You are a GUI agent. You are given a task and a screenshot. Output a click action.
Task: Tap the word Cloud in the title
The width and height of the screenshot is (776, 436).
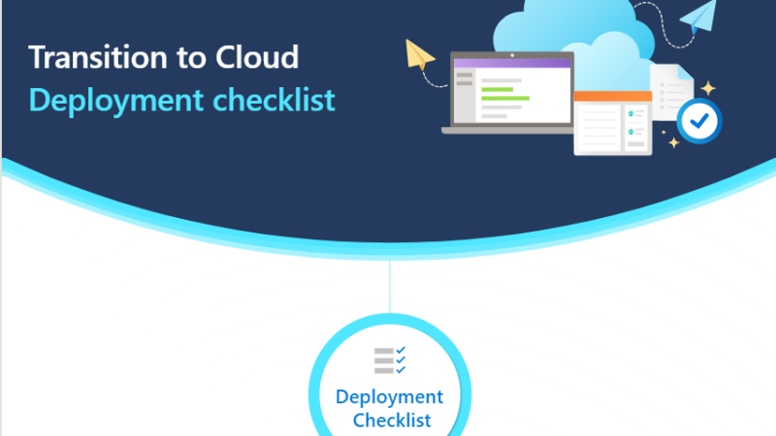pyautogui.click(x=257, y=57)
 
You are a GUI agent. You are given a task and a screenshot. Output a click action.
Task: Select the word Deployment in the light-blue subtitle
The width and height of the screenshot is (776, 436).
pyautogui.click(x=116, y=101)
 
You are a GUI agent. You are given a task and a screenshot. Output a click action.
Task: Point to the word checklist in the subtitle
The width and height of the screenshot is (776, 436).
pyautogui.click(x=274, y=100)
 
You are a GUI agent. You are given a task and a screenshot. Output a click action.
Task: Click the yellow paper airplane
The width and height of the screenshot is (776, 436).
pyautogui.click(x=419, y=54)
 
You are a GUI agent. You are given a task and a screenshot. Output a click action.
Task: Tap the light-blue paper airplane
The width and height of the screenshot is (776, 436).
pyautogui.click(x=698, y=16)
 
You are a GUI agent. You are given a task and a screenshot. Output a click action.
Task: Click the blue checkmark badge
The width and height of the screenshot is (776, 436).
pyautogui.click(x=699, y=121)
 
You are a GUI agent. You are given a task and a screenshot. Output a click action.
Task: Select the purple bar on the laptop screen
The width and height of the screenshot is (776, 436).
pyautogui.click(x=512, y=63)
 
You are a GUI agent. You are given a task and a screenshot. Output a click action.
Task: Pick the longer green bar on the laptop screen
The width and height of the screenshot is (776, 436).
pyautogui.click(x=505, y=99)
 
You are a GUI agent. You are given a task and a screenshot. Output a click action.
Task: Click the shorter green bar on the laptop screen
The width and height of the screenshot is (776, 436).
pyautogui.click(x=497, y=89)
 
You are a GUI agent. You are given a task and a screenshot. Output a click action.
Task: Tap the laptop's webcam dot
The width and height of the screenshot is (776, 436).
pyautogui.click(x=512, y=55)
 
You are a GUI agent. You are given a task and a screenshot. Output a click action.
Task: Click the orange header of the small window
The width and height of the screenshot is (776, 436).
pyautogui.click(x=613, y=96)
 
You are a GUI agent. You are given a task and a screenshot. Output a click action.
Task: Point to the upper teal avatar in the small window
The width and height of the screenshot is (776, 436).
pyautogui.click(x=631, y=113)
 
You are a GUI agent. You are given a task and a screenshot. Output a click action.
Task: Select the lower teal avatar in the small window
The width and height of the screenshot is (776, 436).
pyautogui.click(x=631, y=132)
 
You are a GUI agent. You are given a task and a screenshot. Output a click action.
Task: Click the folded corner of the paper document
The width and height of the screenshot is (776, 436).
pyautogui.click(x=685, y=72)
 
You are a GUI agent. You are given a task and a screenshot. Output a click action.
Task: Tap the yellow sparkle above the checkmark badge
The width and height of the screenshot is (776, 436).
pyautogui.click(x=708, y=88)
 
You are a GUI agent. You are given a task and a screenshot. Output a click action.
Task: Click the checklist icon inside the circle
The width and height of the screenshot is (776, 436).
pyautogui.click(x=390, y=359)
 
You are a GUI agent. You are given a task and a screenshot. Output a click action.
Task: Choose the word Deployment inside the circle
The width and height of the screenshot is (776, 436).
pyautogui.click(x=390, y=397)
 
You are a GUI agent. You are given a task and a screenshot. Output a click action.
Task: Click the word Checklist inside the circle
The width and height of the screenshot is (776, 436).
pyautogui.click(x=392, y=420)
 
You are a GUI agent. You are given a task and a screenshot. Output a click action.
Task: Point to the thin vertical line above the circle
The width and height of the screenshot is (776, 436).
pyautogui.click(x=390, y=286)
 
